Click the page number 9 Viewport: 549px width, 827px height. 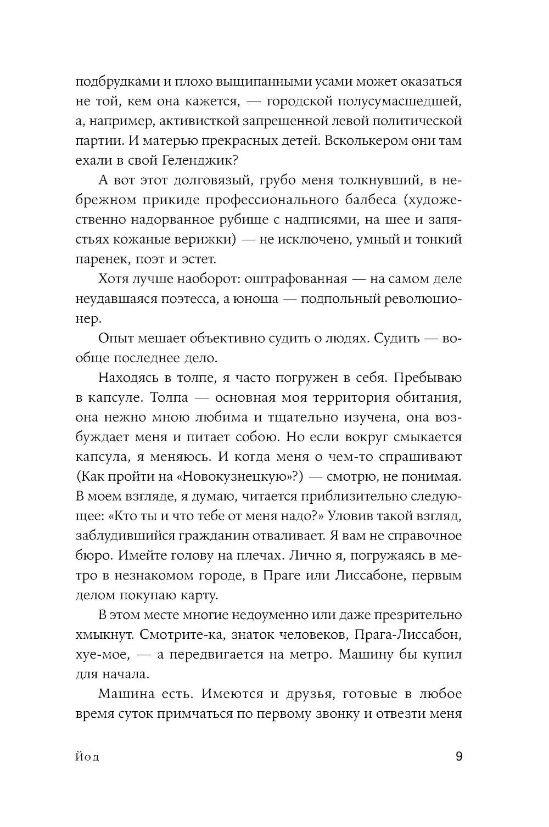pos(458,757)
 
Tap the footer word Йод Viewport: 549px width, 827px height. pos(87,757)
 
